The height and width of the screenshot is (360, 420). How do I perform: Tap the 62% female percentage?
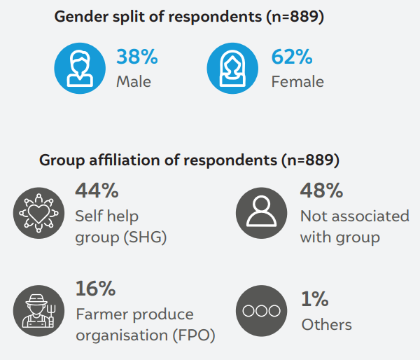click(x=292, y=57)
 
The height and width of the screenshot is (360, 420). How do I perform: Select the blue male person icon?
click(x=79, y=68)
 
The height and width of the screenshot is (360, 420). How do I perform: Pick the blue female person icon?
click(x=233, y=68)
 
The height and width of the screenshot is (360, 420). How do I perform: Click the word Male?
click(x=134, y=82)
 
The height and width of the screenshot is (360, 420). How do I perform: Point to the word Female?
click(x=297, y=82)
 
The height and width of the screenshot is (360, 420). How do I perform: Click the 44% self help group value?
click(x=97, y=191)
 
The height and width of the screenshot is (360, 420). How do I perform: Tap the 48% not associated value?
click(x=321, y=191)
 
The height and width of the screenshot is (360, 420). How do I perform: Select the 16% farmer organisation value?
click(x=95, y=288)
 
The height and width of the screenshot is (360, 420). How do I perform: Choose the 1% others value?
click(x=314, y=299)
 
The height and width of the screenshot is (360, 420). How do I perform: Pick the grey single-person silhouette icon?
click(x=261, y=213)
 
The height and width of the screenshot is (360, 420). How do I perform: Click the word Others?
click(x=326, y=324)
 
